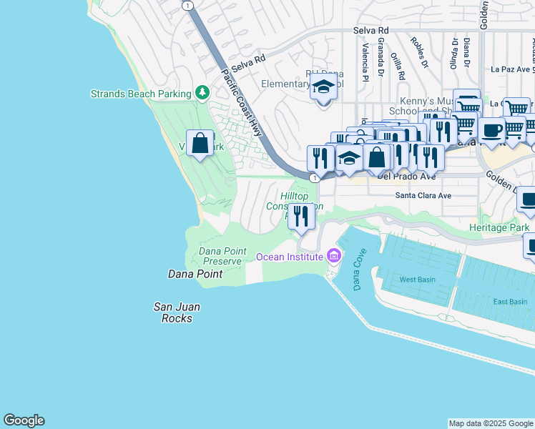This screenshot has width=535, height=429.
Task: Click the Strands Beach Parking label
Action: tap(141, 94)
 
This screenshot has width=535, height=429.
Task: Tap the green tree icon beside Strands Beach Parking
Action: tap(202, 93)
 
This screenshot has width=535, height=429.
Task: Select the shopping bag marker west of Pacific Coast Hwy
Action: tap(201, 142)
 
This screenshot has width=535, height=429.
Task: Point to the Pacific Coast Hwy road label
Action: tap(240, 103)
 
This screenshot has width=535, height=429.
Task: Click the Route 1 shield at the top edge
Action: tap(187, 5)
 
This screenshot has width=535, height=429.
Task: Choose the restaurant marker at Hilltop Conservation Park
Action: tap(301, 216)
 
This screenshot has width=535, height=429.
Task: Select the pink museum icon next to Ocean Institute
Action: tap(333, 255)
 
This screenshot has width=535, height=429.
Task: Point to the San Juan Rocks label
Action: tap(177, 312)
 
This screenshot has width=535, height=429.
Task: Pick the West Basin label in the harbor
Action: tap(417, 280)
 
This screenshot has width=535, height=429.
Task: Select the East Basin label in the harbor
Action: tap(510, 301)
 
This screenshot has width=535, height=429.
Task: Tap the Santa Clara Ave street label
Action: tap(423, 195)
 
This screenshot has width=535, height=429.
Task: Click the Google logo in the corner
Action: tap(24, 420)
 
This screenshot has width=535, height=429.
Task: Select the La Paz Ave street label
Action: tap(510, 69)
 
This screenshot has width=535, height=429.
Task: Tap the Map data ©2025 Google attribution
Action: tap(491, 423)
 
